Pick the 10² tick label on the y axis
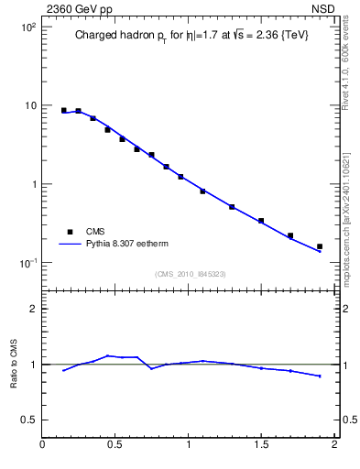tap(26, 27)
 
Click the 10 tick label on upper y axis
tap(28, 106)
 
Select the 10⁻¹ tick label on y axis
tap(26, 263)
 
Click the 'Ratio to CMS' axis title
tap(14, 364)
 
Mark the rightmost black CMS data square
tap(320, 246)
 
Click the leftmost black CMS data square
tap(63, 111)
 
